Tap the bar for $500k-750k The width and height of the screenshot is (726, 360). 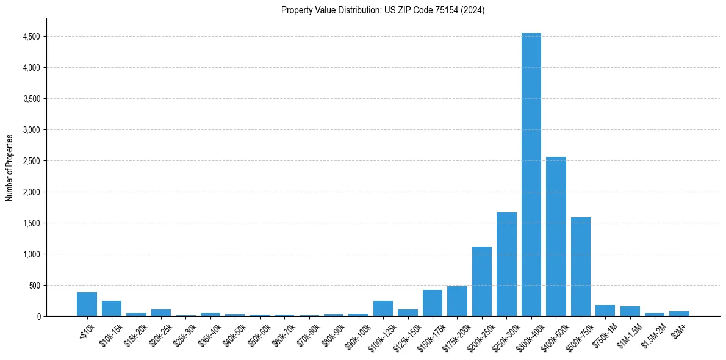[x=580, y=267]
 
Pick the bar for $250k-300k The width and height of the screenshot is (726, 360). [x=506, y=264]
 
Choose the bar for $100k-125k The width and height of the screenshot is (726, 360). [x=383, y=309]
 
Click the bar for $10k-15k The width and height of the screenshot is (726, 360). [x=112, y=309]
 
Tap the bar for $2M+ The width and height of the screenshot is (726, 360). [x=679, y=314]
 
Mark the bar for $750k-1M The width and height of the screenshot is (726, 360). [x=605, y=311]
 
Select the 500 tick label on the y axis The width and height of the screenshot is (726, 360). [x=34, y=286]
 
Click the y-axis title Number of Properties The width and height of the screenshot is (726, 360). [x=9, y=167]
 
